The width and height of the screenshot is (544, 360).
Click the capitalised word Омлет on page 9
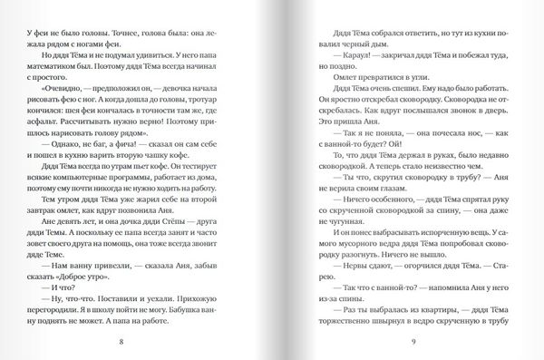(x=336, y=79)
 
